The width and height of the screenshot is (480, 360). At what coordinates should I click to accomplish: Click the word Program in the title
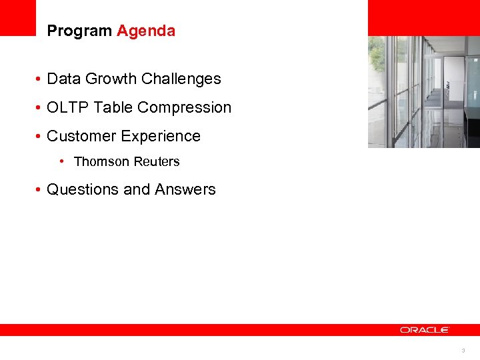point(79,31)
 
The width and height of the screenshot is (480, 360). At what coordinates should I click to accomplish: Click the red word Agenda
point(146,31)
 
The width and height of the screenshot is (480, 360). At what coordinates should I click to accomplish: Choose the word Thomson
point(100,162)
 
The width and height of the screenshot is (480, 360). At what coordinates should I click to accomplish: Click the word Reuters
point(155,162)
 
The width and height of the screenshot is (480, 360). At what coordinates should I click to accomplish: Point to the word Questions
point(82,189)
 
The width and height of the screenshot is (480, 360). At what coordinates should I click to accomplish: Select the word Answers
point(185,189)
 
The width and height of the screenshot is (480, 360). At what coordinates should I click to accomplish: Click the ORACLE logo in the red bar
point(425,330)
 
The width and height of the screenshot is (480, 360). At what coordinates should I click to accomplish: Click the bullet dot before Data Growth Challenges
point(40,79)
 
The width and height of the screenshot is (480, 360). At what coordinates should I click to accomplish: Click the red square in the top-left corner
point(17,17)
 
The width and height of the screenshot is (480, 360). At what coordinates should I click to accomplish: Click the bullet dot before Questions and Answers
point(40,190)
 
